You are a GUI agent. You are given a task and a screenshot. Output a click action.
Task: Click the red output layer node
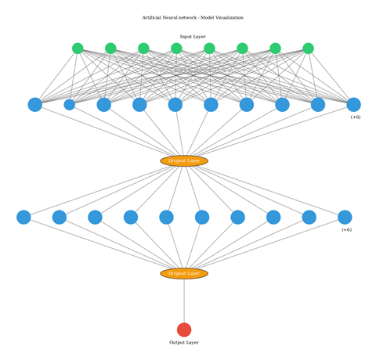pos(184,329)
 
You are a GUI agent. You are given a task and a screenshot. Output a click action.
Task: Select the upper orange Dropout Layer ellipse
pos(184,161)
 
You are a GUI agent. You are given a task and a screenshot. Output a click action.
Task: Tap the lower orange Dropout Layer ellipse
pos(184,274)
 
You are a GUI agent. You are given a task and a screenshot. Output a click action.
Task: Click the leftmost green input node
pos(78,49)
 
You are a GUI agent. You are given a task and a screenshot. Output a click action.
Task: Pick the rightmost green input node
pos(308,49)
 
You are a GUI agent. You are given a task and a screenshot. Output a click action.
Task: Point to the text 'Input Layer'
pos(193,37)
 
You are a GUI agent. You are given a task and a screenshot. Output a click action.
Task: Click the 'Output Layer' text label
pos(184,343)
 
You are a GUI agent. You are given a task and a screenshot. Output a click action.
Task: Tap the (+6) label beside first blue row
pos(356,117)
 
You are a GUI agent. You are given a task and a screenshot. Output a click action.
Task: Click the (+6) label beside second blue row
pos(346,230)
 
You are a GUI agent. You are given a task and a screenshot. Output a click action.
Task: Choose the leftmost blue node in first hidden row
pos(34,105)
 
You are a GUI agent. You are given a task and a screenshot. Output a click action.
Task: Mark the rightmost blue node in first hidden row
pos(353,105)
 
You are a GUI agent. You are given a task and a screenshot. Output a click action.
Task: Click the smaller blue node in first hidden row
pos(69,105)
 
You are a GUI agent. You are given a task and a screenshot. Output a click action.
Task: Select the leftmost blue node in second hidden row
pos(23,218)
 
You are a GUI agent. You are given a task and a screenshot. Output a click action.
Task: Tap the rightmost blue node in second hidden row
pos(345,218)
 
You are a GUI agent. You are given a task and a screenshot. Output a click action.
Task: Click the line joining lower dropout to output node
pos(184,301)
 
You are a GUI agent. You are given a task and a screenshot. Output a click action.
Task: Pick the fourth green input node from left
pos(176,49)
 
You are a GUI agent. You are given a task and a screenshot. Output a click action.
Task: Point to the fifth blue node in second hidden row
pos(166,218)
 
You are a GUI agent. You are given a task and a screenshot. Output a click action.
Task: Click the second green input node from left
pos(110,49)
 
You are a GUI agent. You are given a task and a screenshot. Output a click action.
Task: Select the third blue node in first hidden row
pos(103,105)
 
